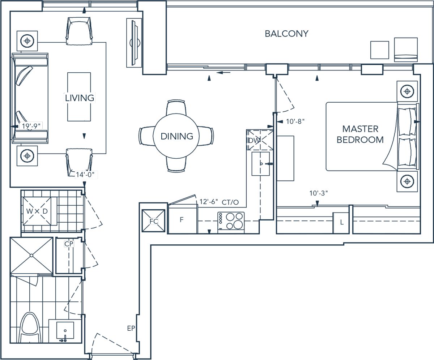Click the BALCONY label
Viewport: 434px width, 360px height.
286,34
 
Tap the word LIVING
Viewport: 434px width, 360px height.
80,98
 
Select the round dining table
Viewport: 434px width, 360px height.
176,136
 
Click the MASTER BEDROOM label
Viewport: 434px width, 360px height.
360,134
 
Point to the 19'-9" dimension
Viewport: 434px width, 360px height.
31,126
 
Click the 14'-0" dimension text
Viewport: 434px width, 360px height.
85,175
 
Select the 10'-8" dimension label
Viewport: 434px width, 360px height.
295,121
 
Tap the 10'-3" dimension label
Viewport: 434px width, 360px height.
318,193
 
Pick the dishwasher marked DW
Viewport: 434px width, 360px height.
260,140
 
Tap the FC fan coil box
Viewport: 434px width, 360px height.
153,220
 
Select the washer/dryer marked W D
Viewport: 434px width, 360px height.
37,211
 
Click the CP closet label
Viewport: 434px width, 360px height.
69,244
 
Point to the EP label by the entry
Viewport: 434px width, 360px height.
131,328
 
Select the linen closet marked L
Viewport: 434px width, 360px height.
341,223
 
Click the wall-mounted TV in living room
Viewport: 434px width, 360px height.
134,43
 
